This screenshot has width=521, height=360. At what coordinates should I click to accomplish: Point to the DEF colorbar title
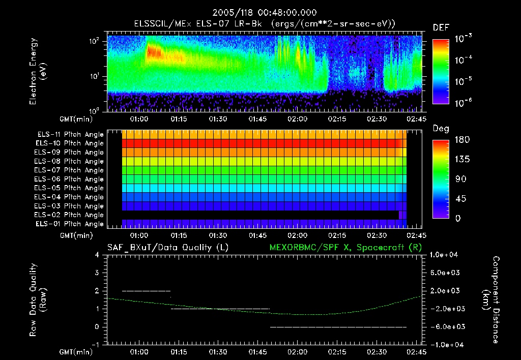441,27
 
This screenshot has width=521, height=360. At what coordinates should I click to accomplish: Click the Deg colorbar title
441,129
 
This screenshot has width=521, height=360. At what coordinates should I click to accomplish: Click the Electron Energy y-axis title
38,73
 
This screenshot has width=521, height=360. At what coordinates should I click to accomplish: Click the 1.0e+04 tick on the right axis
446,255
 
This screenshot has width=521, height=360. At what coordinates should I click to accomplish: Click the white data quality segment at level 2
146,291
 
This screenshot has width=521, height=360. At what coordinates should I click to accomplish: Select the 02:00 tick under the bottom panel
297,351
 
